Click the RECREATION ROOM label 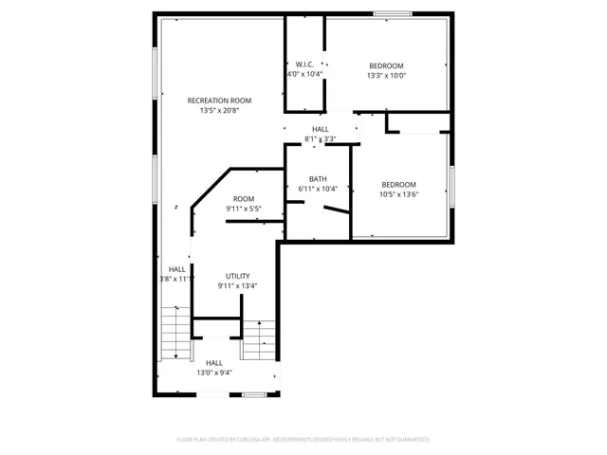(x=219, y=100)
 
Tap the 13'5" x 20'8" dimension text (x=219, y=111)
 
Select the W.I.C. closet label (x=304, y=64)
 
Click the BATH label (x=318, y=179)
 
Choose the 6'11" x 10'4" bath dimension (x=318, y=189)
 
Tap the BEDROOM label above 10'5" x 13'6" (x=398, y=185)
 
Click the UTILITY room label (x=237, y=276)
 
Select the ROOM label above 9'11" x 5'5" (x=244, y=198)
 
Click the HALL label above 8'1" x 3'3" (x=321, y=129)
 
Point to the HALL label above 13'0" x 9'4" (x=214, y=362)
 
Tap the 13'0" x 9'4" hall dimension (x=214, y=373)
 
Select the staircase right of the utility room (x=258, y=338)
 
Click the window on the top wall (x=392, y=14)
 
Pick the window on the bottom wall (x=252, y=394)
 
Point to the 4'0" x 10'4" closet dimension (x=304, y=74)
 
